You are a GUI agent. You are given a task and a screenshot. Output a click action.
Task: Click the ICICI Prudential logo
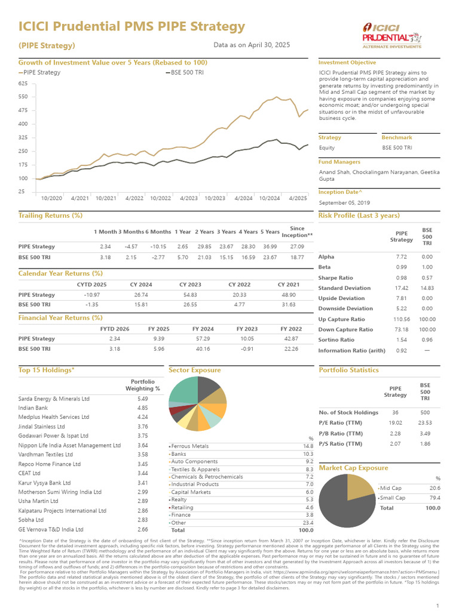(391, 35)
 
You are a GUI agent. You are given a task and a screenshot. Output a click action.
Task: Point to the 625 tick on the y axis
(23, 83)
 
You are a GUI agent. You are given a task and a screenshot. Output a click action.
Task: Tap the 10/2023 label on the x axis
(215, 198)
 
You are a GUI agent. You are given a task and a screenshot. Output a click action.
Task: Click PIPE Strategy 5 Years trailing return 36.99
(271, 246)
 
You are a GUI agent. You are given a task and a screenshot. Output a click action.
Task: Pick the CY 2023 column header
(190, 285)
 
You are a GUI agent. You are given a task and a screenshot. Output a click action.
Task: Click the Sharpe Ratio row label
(335, 278)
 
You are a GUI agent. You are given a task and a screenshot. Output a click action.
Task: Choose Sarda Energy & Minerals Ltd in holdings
(54, 398)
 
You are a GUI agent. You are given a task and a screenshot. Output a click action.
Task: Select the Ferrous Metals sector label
(190, 446)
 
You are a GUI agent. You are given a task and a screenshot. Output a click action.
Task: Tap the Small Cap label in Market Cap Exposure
(393, 498)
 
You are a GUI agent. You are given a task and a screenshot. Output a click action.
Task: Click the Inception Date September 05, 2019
(345, 202)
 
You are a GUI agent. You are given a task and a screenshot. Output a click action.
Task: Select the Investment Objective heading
(347, 63)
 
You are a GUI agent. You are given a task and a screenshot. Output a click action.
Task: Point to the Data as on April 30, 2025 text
(252, 45)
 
